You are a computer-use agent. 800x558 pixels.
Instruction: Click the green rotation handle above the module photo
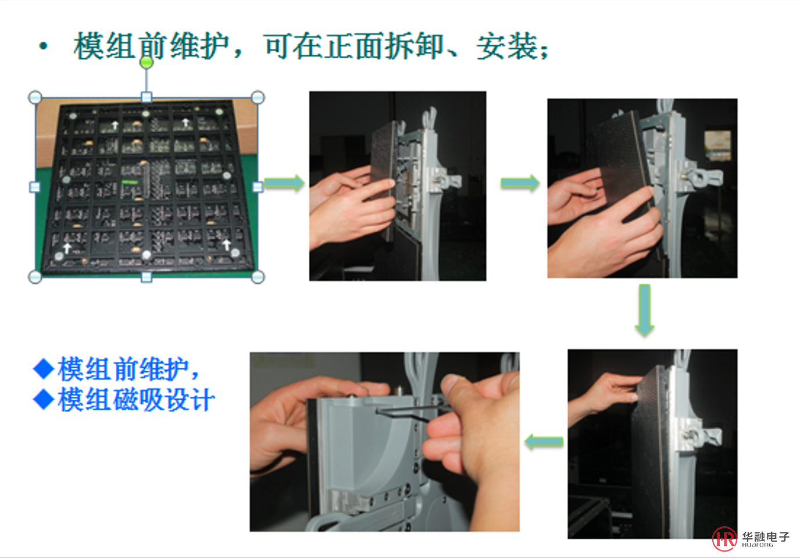pos(147,62)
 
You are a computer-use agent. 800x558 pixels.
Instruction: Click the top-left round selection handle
pos(35,97)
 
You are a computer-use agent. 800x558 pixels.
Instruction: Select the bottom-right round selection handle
pos(258,277)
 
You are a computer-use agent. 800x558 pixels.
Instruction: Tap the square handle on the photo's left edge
pos(35,187)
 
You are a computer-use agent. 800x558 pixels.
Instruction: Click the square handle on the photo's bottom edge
pos(147,277)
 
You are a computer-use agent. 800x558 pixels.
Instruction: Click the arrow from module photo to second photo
pos(284,183)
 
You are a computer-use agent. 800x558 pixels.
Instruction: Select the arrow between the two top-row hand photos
pos(520,183)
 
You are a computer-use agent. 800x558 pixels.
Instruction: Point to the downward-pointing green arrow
pos(645,310)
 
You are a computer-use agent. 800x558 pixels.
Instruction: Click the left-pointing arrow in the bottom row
pos(544,442)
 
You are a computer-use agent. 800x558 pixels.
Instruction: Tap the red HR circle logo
pos(724,539)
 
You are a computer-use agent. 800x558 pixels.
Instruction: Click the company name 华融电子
pos(766,537)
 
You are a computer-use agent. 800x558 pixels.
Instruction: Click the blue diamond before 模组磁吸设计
pos(44,399)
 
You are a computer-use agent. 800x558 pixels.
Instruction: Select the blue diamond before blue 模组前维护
pos(44,368)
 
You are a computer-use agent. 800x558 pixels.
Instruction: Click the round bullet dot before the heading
pos(44,46)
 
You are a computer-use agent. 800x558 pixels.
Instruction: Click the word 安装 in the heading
pos(507,47)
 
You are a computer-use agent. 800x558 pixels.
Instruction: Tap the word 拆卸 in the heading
pos(416,47)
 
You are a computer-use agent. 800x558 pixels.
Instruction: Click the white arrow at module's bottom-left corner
pos(67,247)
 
